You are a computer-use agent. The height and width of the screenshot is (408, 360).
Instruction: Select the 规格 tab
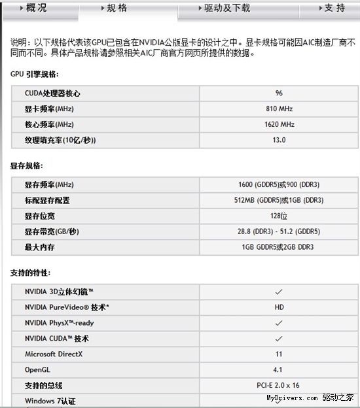[x=113, y=8]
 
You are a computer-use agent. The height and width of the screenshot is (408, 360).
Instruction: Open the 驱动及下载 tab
[x=223, y=8]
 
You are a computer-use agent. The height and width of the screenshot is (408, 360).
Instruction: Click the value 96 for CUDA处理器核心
[x=279, y=93]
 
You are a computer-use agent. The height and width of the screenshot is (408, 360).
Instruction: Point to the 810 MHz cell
[x=279, y=109]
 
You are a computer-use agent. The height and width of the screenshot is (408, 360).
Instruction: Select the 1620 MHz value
[x=279, y=124]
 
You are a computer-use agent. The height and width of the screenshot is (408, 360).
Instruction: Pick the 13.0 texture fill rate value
[x=279, y=140]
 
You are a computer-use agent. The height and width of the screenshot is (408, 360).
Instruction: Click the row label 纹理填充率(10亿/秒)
[x=65, y=140]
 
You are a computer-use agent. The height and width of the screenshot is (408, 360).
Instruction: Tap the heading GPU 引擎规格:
[x=35, y=74]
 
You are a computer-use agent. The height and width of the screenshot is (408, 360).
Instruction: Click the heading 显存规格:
[x=27, y=166]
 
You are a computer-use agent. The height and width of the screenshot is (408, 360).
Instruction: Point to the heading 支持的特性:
[x=31, y=272]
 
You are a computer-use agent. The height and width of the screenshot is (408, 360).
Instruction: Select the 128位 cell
[x=279, y=216]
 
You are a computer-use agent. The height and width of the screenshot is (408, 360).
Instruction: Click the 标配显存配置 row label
[x=47, y=201]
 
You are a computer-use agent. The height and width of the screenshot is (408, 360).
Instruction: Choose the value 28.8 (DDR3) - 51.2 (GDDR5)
[x=279, y=232]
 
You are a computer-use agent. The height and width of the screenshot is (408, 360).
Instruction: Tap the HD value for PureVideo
[x=279, y=307]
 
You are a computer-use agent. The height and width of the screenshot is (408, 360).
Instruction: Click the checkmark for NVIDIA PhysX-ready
[x=279, y=323]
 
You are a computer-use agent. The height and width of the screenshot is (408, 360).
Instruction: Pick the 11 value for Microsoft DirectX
[x=279, y=354]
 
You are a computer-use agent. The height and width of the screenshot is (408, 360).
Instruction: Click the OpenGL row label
[x=39, y=370]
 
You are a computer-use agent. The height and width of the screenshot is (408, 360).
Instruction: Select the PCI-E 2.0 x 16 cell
[x=279, y=386]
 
